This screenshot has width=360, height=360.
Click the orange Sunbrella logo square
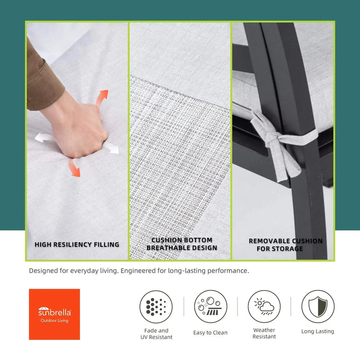tap(55, 314)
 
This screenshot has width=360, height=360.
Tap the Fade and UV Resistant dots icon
tap(156, 307)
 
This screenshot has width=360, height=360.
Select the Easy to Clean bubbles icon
tap(210, 307)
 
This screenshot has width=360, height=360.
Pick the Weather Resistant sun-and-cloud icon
tap(264, 307)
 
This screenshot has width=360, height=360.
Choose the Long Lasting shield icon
tap(318, 307)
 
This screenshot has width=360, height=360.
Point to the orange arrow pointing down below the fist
tap(74, 168)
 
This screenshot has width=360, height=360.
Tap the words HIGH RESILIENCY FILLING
tap(77, 244)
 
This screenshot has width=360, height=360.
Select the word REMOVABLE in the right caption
tap(266, 241)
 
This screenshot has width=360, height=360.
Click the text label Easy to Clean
tap(210, 333)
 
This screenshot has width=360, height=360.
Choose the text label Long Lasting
tap(318, 331)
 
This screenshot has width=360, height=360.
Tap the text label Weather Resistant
tap(264, 333)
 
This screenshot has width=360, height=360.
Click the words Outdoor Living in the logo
tap(55, 320)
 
